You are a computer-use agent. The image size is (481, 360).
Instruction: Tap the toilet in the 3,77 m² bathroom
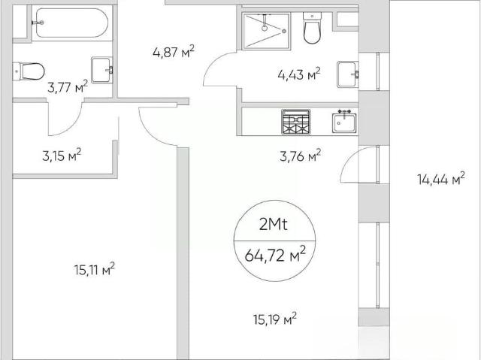coord(29,71)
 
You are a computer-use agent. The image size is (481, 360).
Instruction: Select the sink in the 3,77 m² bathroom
coord(101,70)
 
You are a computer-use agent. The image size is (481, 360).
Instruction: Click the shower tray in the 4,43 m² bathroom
coord(266,31)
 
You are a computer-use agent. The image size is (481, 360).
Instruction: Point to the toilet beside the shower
coord(313,28)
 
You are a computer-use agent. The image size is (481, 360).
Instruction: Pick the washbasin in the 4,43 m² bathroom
coord(347,74)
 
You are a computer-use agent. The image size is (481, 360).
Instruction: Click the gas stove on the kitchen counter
coord(295,122)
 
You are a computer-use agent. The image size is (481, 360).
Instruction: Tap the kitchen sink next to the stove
coord(344,122)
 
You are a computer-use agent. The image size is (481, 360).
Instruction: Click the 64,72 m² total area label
coord(275,255)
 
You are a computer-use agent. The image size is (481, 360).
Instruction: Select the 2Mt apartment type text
coord(274,225)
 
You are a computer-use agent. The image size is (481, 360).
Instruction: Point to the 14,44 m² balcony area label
coord(441,178)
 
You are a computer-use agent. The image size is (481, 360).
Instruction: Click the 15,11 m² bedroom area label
coord(95,269)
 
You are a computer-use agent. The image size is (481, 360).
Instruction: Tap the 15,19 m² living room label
coord(275,319)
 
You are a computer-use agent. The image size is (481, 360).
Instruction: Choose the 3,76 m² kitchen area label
coord(301,156)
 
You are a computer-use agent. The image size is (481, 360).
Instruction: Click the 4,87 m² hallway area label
coord(174,52)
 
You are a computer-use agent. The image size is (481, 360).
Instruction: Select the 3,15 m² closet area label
coord(62,155)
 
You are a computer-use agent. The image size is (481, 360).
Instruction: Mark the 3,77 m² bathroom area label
coord(68,87)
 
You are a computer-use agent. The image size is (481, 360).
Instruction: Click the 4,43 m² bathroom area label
coord(299,74)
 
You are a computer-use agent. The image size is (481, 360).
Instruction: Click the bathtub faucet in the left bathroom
coord(38,23)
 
